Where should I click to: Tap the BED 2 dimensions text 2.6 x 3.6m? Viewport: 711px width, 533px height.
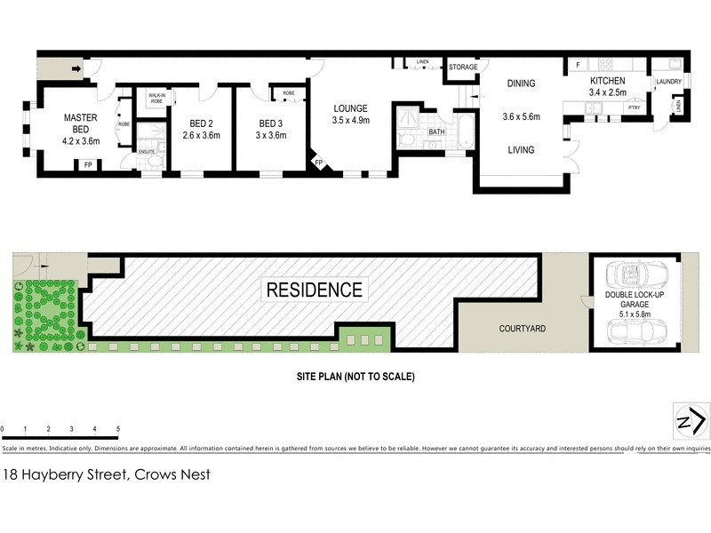tap(201, 136)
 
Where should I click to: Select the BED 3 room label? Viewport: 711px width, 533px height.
tap(272, 123)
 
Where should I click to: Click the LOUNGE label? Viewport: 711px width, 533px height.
tap(350, 108)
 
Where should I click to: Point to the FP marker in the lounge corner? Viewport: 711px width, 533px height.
tap(318, 163)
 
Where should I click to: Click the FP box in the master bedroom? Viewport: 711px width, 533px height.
tap(87, 165)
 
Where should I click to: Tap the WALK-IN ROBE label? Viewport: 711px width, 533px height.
tap(156, 99)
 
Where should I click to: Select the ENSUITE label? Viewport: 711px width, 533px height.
tap(147, 152)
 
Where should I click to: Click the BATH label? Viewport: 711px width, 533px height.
tap(436, 132)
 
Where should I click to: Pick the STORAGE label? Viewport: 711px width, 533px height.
tap(462, 68)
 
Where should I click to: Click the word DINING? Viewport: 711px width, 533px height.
tap(521, 84)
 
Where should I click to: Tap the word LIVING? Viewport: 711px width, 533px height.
tap(521, 150)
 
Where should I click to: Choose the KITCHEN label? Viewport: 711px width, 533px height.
tap(608, 81)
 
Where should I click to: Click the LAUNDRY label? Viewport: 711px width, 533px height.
tap(667, 83)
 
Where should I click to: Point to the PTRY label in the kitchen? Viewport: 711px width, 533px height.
tap(633, 107)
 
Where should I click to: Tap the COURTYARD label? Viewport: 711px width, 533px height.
tap(522, 329)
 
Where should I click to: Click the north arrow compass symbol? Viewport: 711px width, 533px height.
tap(691, 419)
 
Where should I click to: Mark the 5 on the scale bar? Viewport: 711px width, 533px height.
tap(118, 429)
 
